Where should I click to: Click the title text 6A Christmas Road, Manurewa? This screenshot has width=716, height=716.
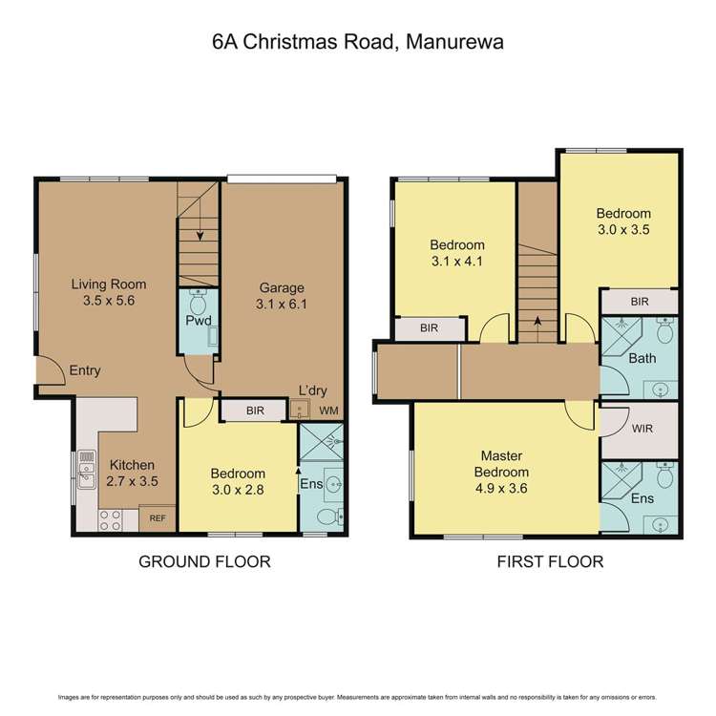tap(358, 42)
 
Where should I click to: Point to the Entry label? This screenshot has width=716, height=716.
tap(85, 370)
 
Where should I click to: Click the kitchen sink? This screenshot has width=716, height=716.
tap(87, 470)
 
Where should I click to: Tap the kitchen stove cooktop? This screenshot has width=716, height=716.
tap(110, 520)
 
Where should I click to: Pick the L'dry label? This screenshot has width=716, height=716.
tap(311, 392)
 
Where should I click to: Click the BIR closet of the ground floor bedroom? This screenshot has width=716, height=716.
tap(254, 411)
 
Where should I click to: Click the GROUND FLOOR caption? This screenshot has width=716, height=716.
tap(204, 561)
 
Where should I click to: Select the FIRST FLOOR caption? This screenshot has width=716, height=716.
tap(550, 561)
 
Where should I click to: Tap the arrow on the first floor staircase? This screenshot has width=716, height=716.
tap(537, 323)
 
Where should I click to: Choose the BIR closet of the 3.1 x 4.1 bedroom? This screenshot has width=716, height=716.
tap(431, 328)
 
